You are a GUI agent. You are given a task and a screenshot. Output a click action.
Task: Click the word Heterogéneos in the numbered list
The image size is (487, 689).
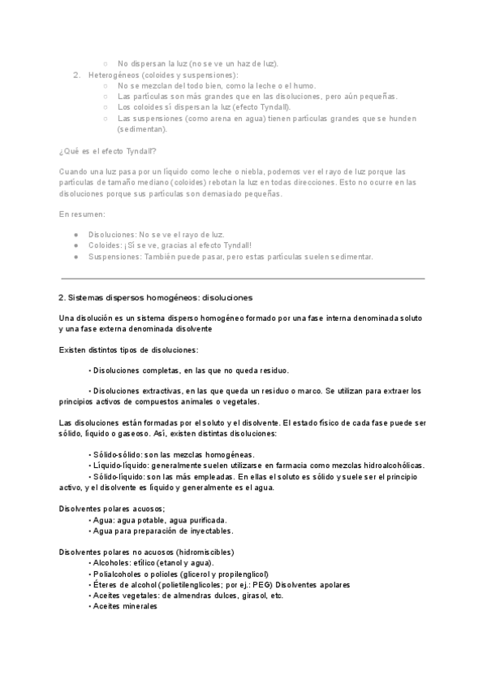(x=110, y=75)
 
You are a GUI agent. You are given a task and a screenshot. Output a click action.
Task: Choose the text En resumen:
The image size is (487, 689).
(x=82, y=214)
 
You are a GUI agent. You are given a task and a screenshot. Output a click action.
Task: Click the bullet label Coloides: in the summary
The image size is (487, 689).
(x=105, y=245)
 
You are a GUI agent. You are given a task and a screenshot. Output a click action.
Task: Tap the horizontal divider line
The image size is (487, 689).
(x=243, y=279)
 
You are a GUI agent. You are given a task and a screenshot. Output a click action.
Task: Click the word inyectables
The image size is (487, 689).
(x=209, y=531)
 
